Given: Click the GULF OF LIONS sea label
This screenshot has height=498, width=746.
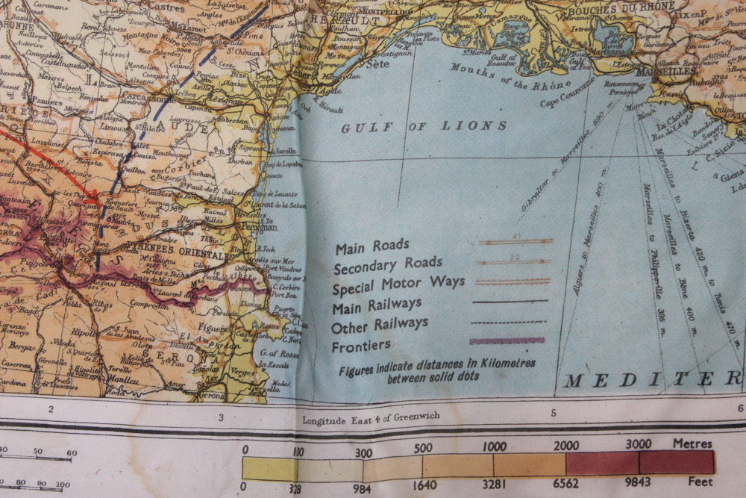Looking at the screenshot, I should (x=424, y=127).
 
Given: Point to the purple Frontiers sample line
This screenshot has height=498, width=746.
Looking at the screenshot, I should (x=507, y=340).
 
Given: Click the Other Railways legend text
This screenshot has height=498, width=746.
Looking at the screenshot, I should (x=379, y=326).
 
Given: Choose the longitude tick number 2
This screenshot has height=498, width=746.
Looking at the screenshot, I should (x=51, y=409).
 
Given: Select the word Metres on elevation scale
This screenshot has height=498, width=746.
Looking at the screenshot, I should (x=693, y=443).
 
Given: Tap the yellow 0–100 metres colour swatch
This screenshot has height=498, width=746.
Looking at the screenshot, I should (x=269, y=468).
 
